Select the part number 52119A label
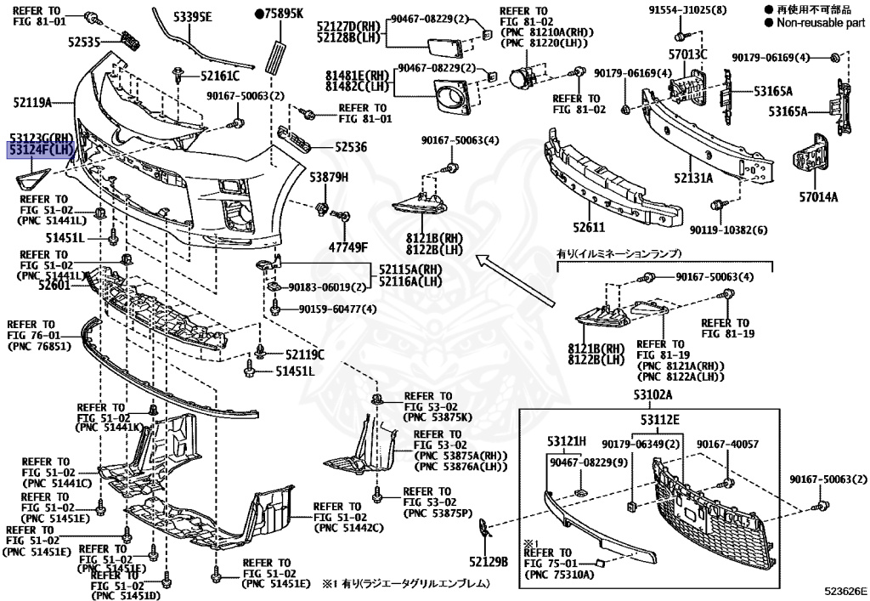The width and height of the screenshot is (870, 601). (x=32, y=103)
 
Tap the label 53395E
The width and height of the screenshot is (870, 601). (x=193, y=16)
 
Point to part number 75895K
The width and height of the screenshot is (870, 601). (x=284, y=14)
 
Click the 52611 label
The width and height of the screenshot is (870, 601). (x=587, y=228)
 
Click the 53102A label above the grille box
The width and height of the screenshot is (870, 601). (x=651, y=394)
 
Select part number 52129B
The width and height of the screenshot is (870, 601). (x=487, y=561)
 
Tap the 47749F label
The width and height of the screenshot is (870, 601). (x=349, y=247)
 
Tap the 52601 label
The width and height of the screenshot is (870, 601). (x=55, y=286)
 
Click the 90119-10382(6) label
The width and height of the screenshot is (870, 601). (x=728, y=230)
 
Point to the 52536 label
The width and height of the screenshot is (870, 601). (x=350, y=147)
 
